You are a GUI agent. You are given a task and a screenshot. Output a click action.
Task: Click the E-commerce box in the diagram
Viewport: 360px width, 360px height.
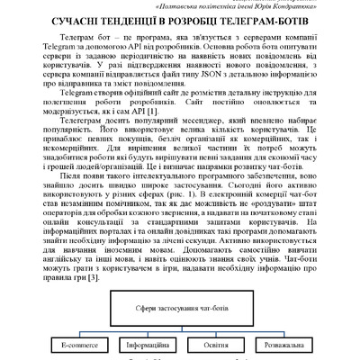tap(78, 343)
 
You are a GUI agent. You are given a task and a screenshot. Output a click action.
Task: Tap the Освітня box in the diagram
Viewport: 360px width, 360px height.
tap(214, 343)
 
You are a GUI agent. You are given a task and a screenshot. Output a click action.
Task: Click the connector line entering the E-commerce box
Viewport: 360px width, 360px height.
tap(78, 333)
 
